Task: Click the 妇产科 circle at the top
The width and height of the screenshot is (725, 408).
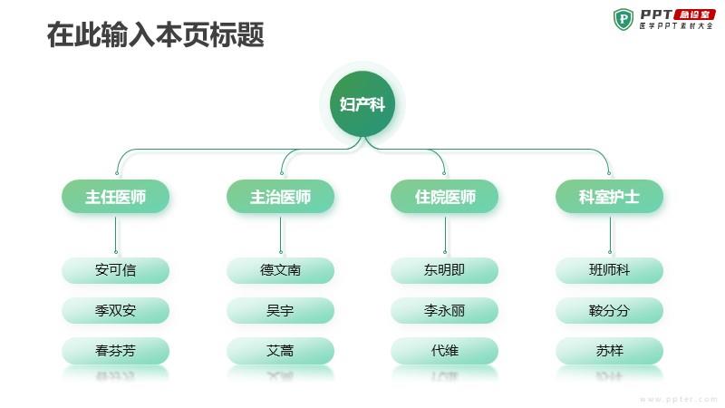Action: (x=362, y=103)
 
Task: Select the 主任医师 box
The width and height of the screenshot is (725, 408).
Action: (x=116, y=197)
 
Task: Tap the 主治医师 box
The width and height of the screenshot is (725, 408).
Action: (x=280, y=197)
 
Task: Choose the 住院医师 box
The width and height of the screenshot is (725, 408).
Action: (x=445, y=197)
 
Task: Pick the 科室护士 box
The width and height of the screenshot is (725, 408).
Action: (x=609, y=197)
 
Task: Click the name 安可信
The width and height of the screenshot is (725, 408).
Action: (x=116, y=270)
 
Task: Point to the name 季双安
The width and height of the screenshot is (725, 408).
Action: (x=116, y=310)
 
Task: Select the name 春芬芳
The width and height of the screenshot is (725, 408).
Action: (x=116, y=351)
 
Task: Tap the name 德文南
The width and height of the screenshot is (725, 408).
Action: (x=280, y=270)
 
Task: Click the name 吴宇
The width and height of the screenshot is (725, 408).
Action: (x=280, y=310)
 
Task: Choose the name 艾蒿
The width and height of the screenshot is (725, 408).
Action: (x=280, y=351)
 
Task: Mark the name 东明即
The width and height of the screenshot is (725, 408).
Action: (x=445, y=270)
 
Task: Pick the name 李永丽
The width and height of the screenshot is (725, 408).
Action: (x=445, y=310)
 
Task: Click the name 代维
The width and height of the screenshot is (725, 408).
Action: (x=445, y=351)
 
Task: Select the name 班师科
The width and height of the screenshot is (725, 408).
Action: (x=609, y=270)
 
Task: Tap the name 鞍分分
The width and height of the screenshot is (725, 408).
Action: (x=609, y=310)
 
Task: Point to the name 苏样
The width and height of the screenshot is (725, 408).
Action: (x=609, y=351)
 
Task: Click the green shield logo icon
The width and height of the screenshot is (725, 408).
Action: (x=623, y=19)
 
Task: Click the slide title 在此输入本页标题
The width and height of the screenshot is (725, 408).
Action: (x=155, y=34)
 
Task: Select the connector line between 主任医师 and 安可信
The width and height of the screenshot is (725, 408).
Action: (x=116, y=235)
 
